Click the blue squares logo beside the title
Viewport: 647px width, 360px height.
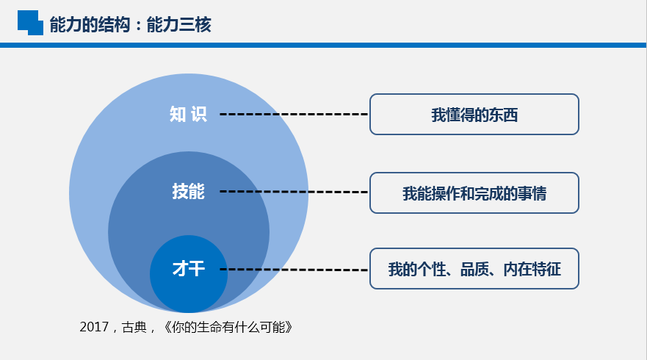point(30,22)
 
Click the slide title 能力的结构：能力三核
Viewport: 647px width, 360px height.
point(130,25)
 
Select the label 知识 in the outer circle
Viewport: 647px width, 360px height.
point(188,115)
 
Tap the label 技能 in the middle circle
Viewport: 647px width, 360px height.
point(188,192)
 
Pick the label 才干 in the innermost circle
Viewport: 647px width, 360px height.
point(188,269)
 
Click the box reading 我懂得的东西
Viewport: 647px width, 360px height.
point(474,115)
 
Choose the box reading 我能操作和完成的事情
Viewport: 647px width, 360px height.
point(474,193)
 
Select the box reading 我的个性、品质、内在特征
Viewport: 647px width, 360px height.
point(474,269)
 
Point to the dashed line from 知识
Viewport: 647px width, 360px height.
point(294,115)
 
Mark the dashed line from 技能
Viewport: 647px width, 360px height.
point(294,192)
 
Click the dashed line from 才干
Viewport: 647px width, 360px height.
point(294,270)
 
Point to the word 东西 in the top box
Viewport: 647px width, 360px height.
point(504,115)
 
